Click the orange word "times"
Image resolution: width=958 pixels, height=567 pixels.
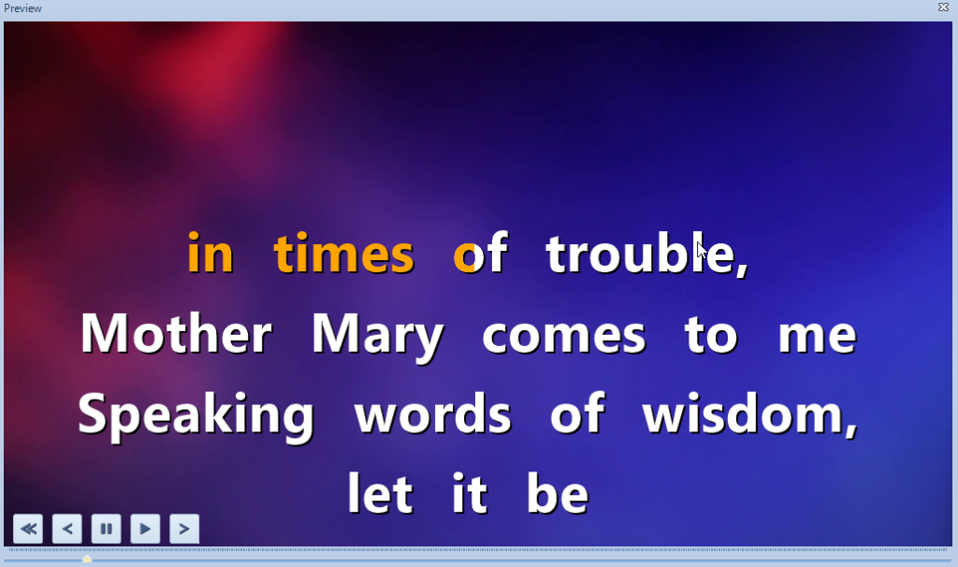(x=344, y=253)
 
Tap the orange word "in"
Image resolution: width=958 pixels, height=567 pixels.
(x=210, y=252)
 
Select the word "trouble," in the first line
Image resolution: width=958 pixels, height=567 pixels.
(x=647, y=254)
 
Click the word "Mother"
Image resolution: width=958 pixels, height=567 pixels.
(x=176, y=334)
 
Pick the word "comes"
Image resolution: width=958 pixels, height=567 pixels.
(x=563, y=337)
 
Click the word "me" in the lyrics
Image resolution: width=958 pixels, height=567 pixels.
(x=818, y=337)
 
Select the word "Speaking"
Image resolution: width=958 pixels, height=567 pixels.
(x=196, y=416)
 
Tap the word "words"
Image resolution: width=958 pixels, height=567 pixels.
(x=432, y=414)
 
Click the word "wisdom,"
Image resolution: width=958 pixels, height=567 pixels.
(x=750, y=414)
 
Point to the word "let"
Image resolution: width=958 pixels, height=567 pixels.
(x=380, y=492)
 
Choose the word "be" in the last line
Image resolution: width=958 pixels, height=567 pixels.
(x=558, y=492)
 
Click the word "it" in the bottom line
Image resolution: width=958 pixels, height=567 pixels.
(x=470, y=492)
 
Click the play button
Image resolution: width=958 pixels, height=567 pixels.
(x=145, y=529)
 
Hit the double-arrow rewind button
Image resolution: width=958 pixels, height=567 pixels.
(x=28, y=529)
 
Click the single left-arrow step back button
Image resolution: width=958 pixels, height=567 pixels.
(x=67, y=529)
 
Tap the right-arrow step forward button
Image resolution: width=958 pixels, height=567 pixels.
(x=184, y=529)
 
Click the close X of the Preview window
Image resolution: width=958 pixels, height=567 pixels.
(x=943, y=7)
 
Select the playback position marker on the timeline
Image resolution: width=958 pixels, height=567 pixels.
(x=87, y=559)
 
